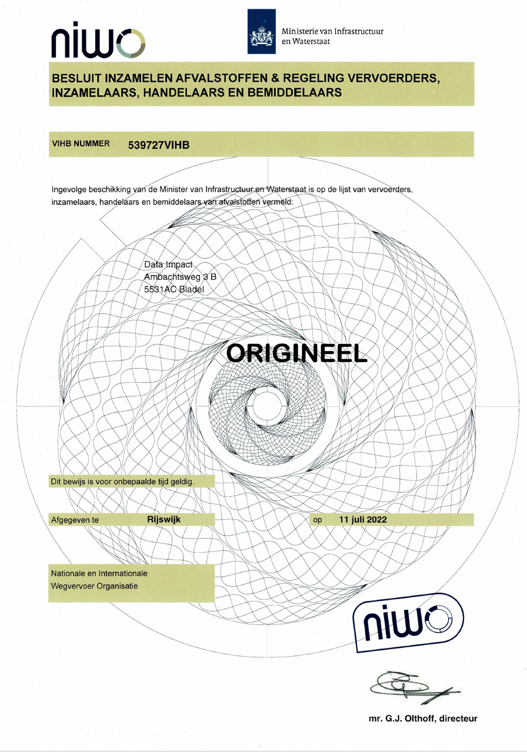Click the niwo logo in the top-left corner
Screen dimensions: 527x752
[98, 39]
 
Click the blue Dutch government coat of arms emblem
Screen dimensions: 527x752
[261, 31]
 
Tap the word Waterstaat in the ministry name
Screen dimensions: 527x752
[311, 42]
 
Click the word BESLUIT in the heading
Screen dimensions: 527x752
[76, 79]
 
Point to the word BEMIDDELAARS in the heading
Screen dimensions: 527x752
[295, 92]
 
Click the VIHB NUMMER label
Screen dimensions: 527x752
[81, 143]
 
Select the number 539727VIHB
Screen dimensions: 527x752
[159, 145]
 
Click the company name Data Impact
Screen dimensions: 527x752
[168, 265]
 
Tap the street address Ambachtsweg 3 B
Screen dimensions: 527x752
[180, 276]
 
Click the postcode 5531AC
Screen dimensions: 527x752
[160, 289]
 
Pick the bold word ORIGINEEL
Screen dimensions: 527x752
[296, 353]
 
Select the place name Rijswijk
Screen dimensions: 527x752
[164, 519]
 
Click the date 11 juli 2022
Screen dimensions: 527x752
[363, 520]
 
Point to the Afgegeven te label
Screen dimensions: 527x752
[75, 520]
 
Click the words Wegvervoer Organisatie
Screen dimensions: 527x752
[94, 586]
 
